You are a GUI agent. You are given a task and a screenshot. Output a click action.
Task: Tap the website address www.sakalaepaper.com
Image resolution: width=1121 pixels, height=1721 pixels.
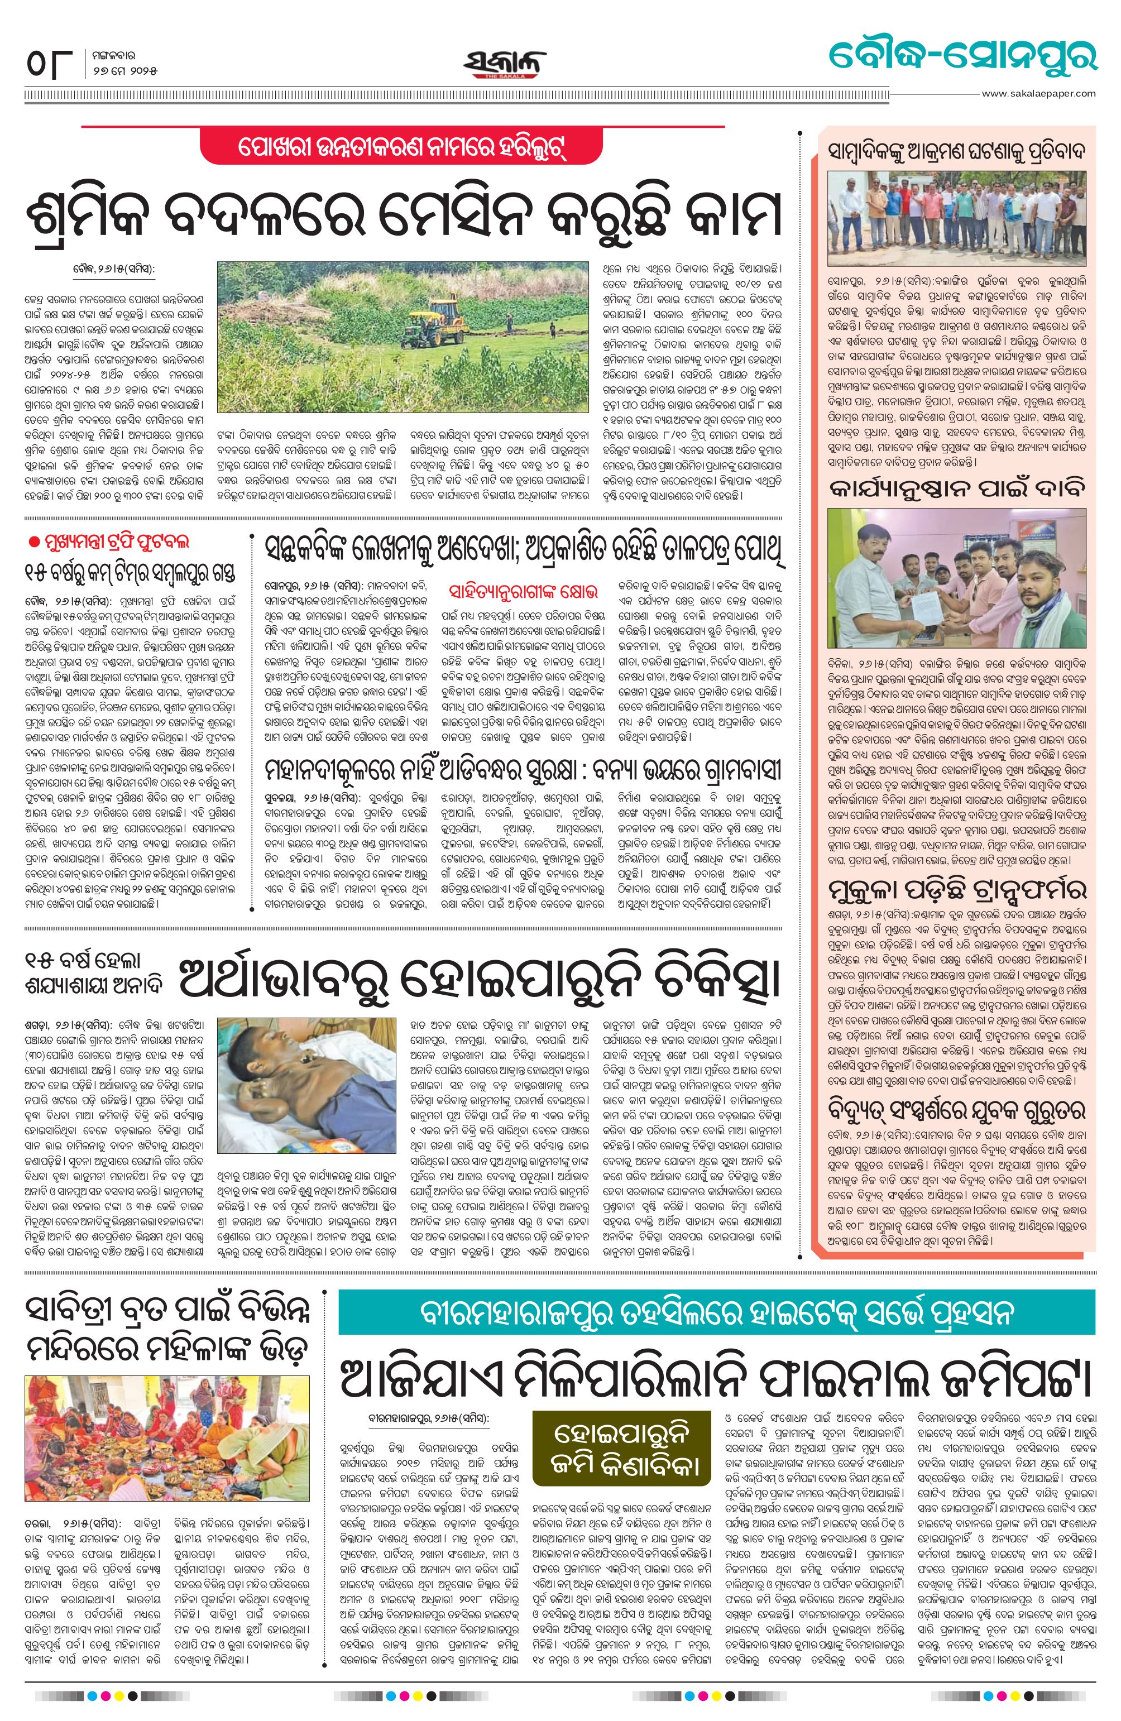[x=1038, y=93]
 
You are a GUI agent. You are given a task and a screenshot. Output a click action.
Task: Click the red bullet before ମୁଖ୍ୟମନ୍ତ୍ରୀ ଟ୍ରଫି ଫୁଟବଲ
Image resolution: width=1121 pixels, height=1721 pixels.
[x=32, y=543]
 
